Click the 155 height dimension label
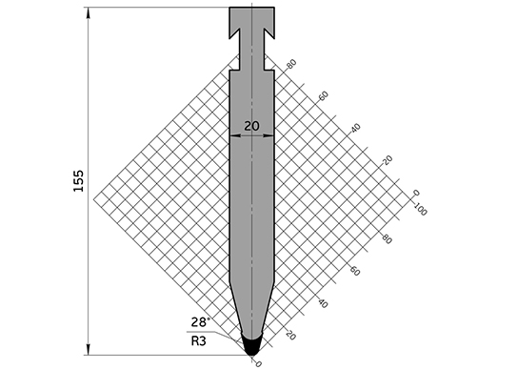point(78,180)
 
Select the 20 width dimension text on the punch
point(252,126)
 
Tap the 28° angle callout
point(200,321)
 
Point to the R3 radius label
point(198,340)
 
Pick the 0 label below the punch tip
point(259,364)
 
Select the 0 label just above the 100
point(416,193)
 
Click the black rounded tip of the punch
point(251,345)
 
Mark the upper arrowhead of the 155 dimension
point(88,12)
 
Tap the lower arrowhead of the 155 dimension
point(88,350)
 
